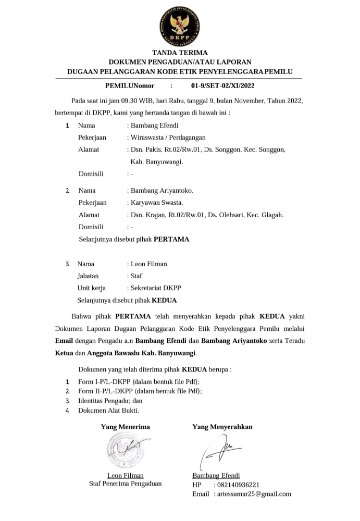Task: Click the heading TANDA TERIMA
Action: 180,53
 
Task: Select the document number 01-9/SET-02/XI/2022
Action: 222,85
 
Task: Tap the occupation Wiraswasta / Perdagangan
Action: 168,138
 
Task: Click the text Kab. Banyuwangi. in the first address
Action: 157,162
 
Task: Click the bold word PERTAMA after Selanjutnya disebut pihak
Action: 171,240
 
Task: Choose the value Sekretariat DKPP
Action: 156,288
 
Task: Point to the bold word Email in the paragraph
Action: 65,341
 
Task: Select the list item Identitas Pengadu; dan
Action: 110,401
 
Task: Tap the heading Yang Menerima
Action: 125,427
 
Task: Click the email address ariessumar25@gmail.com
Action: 254,494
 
